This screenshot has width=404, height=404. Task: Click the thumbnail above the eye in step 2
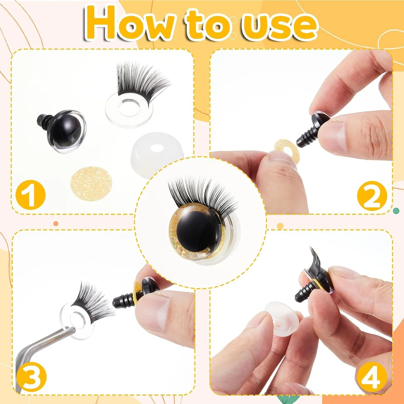(334, 136)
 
